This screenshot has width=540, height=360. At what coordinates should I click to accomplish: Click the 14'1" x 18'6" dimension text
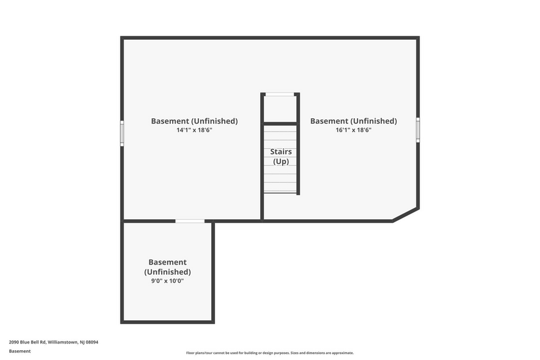pyautogui.click(x=194, y=130)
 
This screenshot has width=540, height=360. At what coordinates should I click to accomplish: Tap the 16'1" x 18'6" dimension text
pyautogui.click(x=353, y=130)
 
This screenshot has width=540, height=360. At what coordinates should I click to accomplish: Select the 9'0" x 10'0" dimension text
pyautogui.click(x=167, y=281)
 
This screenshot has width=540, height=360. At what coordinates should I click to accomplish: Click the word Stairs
pyautogui.click(x=281, y=151)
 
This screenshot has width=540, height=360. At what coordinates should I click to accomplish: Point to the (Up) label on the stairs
pyautogui.click(x=281, y=162)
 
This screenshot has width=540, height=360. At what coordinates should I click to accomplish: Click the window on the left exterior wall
pyautogui.click(x=122, y=133)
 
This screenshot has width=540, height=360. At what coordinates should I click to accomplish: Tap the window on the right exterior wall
pyautogui.click(x=418, y=130)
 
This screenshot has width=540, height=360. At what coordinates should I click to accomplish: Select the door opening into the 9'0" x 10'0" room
pyautogui.click(x=190, y=221)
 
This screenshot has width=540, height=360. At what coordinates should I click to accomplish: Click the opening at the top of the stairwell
pyautogui.click(x=280, y=94)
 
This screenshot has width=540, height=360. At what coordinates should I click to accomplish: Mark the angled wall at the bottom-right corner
pyautogui.click(x=406, y=214)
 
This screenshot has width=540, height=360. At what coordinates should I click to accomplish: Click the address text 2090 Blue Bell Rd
pyautogui.click(x=53, y=342)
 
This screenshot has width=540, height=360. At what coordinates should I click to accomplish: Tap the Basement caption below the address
pyautogui.click(x=20, y=351)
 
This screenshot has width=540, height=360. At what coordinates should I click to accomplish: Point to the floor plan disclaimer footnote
pyautogui.click(x=270, y=353)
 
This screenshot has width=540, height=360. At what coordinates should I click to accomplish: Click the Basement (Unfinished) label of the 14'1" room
pyautogui.click(x=194, y=121)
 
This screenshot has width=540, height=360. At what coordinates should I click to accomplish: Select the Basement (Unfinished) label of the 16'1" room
pyautogui.click(x=353, y=121)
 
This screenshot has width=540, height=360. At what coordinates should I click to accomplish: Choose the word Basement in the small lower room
pyautogui.click(x=167, y=262)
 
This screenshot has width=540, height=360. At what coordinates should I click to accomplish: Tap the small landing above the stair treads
pyautogui.click(x=280, y=110)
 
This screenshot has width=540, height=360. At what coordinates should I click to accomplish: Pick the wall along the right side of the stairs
pyautogui.click(x=298, y=159)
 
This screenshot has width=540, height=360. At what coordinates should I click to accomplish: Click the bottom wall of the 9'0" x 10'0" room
pyautogui.click(x=167, y=321)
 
